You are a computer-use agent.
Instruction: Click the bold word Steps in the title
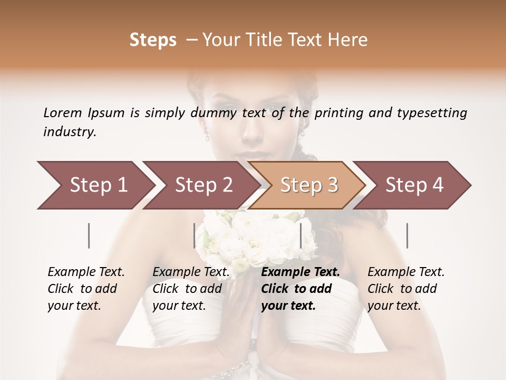pyautogui.click(x=153, y=40)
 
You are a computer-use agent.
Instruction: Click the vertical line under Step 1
pyautogui.click(x=89, y=235)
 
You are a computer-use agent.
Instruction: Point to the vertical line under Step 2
pyautogui.click(x=194, y=235)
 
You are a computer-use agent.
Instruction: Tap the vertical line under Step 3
pyautogui.click(x=300, y=235)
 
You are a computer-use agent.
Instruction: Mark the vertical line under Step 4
pyautogui.click(x=407, y=235)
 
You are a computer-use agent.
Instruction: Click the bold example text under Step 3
pyautogui.click(x=300, y=289)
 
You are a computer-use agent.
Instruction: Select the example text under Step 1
pyautogui.click(x=86, y=289)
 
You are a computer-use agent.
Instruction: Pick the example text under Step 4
pyautogui.click(x=406, y=289)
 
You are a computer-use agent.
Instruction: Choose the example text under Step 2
pyautogui.click(x=191, y=289)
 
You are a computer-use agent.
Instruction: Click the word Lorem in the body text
pyautogui.click(x=63, y=112)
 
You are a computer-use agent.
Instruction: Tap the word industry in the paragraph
pyautogui.click(x=69, y=132)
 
